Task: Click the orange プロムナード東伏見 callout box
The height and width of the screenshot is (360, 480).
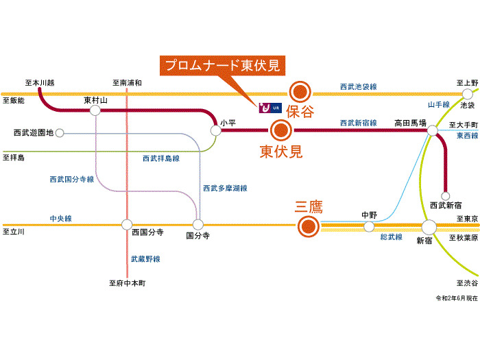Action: (x=222, y=67)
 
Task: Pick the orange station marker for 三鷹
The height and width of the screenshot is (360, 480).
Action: (x=309, y=225)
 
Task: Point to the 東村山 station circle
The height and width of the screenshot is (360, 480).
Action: (x=95, y=110)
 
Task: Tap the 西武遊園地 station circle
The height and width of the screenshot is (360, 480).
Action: (x=60, y=132)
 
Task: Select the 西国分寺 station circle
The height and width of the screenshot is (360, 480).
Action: (x=127, y=224)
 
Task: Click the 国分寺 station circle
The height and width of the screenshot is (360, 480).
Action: (x=198, y=224)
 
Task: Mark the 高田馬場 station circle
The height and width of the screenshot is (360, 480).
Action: (x=433, y=130)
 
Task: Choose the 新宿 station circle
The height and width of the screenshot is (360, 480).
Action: (x=429, y=227)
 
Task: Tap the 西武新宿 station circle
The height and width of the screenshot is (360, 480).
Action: (x=446, y=194)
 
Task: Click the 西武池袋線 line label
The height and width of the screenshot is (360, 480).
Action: (x=358, y=87)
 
